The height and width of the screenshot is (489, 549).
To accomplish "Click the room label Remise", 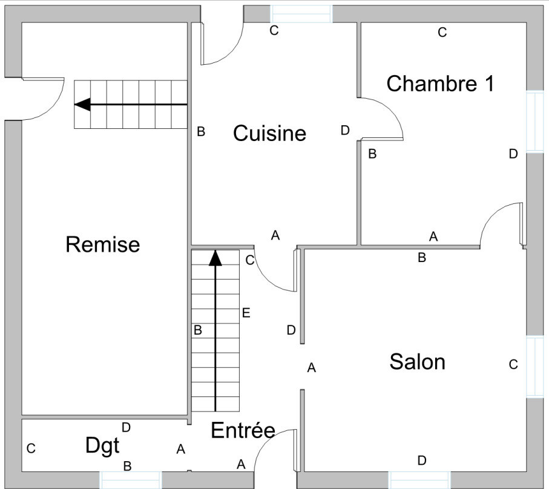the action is click(x=102, y=244).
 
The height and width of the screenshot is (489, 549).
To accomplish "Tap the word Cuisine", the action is click(x=269, y=133).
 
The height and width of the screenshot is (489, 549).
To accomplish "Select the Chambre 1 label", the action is click(x=440, y=84).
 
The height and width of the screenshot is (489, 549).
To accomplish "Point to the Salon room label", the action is click(x=418, y=361).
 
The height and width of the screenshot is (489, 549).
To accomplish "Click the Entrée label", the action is click(x=243, y=430).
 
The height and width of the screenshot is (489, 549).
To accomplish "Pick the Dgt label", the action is click(x=102, y=446).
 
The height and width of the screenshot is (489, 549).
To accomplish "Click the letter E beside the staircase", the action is click(x=246, y=312).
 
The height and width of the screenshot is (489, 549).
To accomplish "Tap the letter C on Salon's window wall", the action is click(x=513, y=365).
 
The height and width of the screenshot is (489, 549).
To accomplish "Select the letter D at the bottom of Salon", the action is click(x=422, y=461).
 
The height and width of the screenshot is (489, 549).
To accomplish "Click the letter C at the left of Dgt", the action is click(x=31, y=448).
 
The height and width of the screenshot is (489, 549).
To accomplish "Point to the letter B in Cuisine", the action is click(x=201, y=131).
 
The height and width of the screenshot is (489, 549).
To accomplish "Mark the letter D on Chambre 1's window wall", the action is click(x=513, y=154).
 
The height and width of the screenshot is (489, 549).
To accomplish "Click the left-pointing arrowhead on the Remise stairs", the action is click(x=83, y=104).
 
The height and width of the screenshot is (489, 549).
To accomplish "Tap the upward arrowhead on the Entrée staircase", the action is click(x=215, y=258).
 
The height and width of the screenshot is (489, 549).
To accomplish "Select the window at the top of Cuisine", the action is click(x=301, y=14).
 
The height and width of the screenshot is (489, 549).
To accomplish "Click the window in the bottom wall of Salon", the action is click(x=419, y=480).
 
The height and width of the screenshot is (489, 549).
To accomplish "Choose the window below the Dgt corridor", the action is click(x=131, y=480).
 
